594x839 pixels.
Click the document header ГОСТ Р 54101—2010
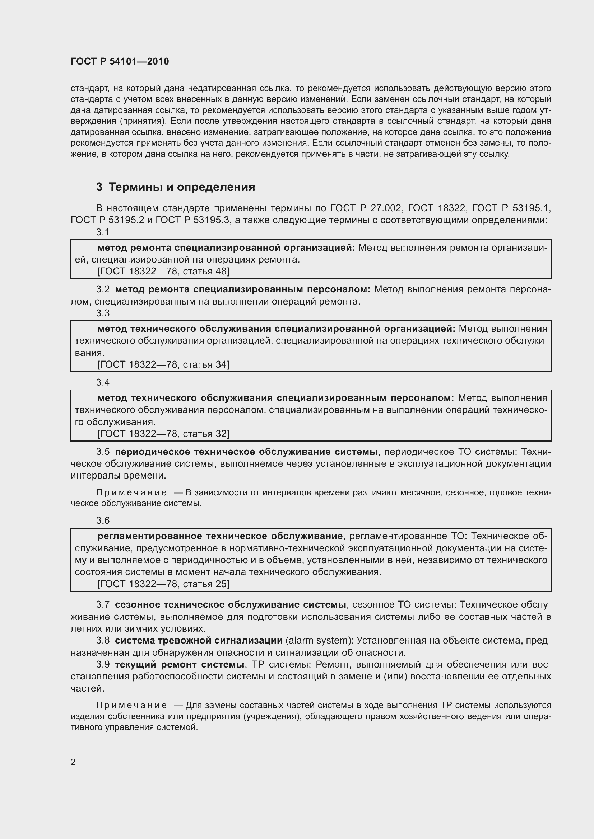[120, 61]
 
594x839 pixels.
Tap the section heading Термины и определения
[182, 187]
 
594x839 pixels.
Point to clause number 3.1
[103, 232]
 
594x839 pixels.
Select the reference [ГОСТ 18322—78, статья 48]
[163, 271]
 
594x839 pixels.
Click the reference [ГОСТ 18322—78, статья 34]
[163, 364]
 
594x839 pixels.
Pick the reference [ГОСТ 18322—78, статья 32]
[163, 434]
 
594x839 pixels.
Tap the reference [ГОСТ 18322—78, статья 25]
[163, 584]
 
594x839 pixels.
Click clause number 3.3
[103, 313]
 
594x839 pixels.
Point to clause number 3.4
[103, 382]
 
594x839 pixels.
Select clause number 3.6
[103, 520]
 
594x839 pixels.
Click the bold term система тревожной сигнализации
[199, 641]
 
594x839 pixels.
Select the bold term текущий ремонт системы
[180, 664]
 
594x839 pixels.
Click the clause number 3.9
[103, 664]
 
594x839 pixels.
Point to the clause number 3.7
[103, 605]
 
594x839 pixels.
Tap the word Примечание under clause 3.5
[131, 492]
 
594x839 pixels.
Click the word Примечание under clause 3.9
[131, 705]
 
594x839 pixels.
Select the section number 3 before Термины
[99, 187]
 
